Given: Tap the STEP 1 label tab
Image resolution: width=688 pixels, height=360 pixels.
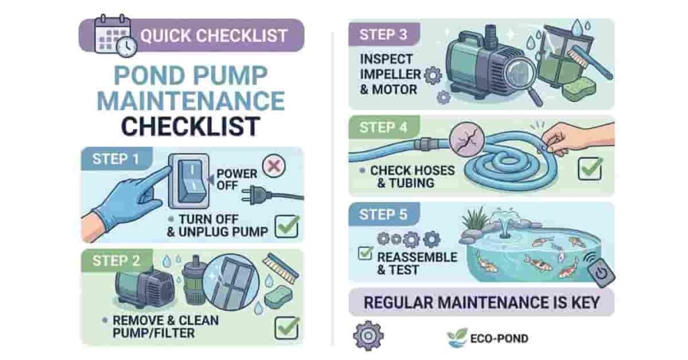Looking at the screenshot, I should [116, 161].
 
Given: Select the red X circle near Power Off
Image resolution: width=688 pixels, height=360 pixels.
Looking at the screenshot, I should [273, 166].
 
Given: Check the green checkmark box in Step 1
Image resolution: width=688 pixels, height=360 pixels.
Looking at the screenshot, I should [287, 226].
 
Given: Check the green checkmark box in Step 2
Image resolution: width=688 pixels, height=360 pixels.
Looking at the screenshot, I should [287, 327].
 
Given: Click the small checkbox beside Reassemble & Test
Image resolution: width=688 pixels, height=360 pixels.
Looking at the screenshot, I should [365, 253].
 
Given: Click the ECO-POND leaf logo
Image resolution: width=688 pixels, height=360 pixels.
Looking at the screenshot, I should [457, 337].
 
